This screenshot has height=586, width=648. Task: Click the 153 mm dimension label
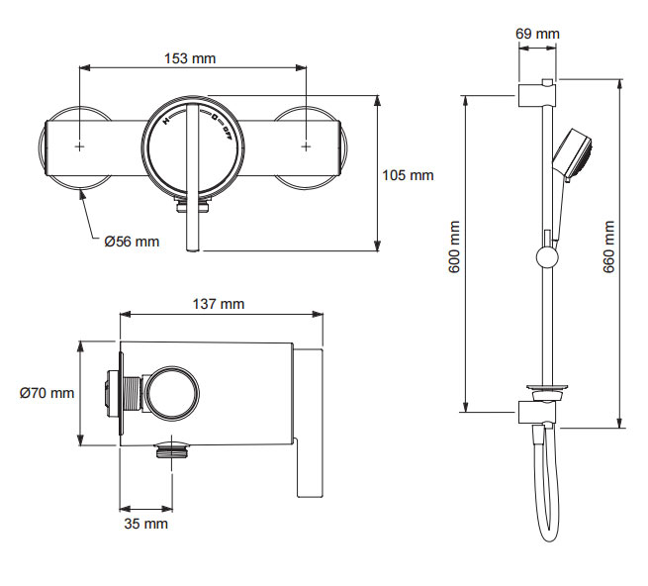tap(190, 58)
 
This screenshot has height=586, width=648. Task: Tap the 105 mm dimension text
tap(408, 176)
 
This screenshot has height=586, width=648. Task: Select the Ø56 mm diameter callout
tap(132, 242)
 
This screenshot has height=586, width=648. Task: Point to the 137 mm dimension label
tap(219, 304)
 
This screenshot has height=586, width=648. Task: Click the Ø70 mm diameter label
tap(46, 393)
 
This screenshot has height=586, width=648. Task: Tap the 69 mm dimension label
tap(537, 34)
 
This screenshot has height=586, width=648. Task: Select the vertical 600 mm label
tap(455, 247)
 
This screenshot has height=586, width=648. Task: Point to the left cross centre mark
tap(79, 146)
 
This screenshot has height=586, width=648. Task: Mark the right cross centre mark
tap(306, 146)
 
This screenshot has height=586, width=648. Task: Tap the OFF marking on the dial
tap(229, 132)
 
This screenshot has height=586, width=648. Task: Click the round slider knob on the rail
tap(544, 260)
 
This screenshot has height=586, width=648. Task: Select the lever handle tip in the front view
tap(194, 247)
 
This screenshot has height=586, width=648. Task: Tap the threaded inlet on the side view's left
tap(112, 393)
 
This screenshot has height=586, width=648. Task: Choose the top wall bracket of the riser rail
tap(537, 96)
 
